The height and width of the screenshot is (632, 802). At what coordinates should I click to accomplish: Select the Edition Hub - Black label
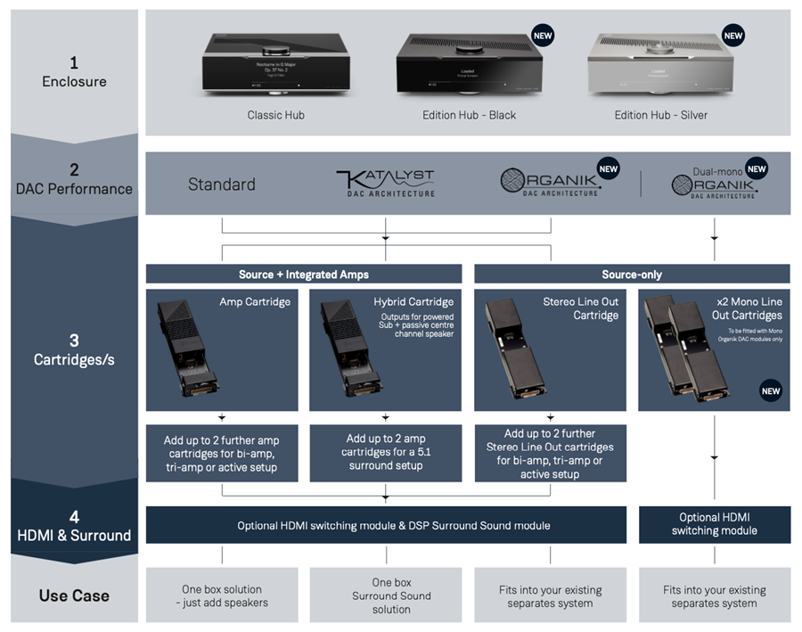469,115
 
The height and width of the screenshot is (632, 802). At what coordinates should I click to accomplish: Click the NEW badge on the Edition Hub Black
542,36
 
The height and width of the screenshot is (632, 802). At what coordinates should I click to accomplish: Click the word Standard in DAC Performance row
222,185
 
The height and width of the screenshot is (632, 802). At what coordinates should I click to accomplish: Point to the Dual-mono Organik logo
714,185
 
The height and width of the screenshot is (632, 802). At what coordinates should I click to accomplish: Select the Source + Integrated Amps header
304,275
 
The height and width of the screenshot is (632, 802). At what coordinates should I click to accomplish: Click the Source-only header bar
632,275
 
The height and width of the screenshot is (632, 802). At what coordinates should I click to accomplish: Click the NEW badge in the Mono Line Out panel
771,390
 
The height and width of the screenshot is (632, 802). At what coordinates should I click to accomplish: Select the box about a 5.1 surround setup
386,452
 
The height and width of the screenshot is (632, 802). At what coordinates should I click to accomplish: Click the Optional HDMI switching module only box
714,523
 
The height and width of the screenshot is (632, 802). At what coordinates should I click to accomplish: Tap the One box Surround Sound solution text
386,595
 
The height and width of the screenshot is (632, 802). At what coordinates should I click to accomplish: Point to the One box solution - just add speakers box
222,595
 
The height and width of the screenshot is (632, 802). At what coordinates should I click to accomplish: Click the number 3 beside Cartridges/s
75,340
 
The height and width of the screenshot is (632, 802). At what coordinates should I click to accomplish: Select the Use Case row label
75,595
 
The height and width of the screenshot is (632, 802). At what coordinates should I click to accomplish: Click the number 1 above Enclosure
75,63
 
